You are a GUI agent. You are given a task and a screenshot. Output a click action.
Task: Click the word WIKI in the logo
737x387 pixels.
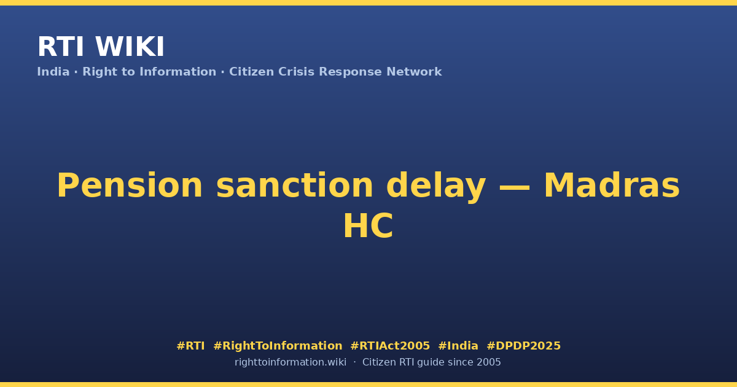(130, 47)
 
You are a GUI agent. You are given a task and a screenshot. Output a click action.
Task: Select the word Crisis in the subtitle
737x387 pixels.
(296, 72)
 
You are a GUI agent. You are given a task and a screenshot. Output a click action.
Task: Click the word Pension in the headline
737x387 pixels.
(130, 186)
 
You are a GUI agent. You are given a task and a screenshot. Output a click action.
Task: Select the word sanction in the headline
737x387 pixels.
(294, 186)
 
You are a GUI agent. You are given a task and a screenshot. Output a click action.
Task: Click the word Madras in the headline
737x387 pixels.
(612, 186)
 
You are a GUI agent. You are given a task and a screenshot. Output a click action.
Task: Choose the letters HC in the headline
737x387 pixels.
(368, 226)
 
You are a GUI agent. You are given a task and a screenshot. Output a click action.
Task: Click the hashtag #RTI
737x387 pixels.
(190, 346)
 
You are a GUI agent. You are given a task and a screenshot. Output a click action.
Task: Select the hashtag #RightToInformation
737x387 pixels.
(278, 346)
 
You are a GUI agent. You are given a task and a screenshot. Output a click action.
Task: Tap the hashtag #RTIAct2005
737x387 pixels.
(390, 346)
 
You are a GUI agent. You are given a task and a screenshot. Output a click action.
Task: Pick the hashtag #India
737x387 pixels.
(458, 346)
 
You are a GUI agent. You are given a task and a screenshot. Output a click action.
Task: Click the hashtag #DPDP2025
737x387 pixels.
(523, 346)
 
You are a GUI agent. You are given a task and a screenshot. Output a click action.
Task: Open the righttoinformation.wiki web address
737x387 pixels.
(290, 362)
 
